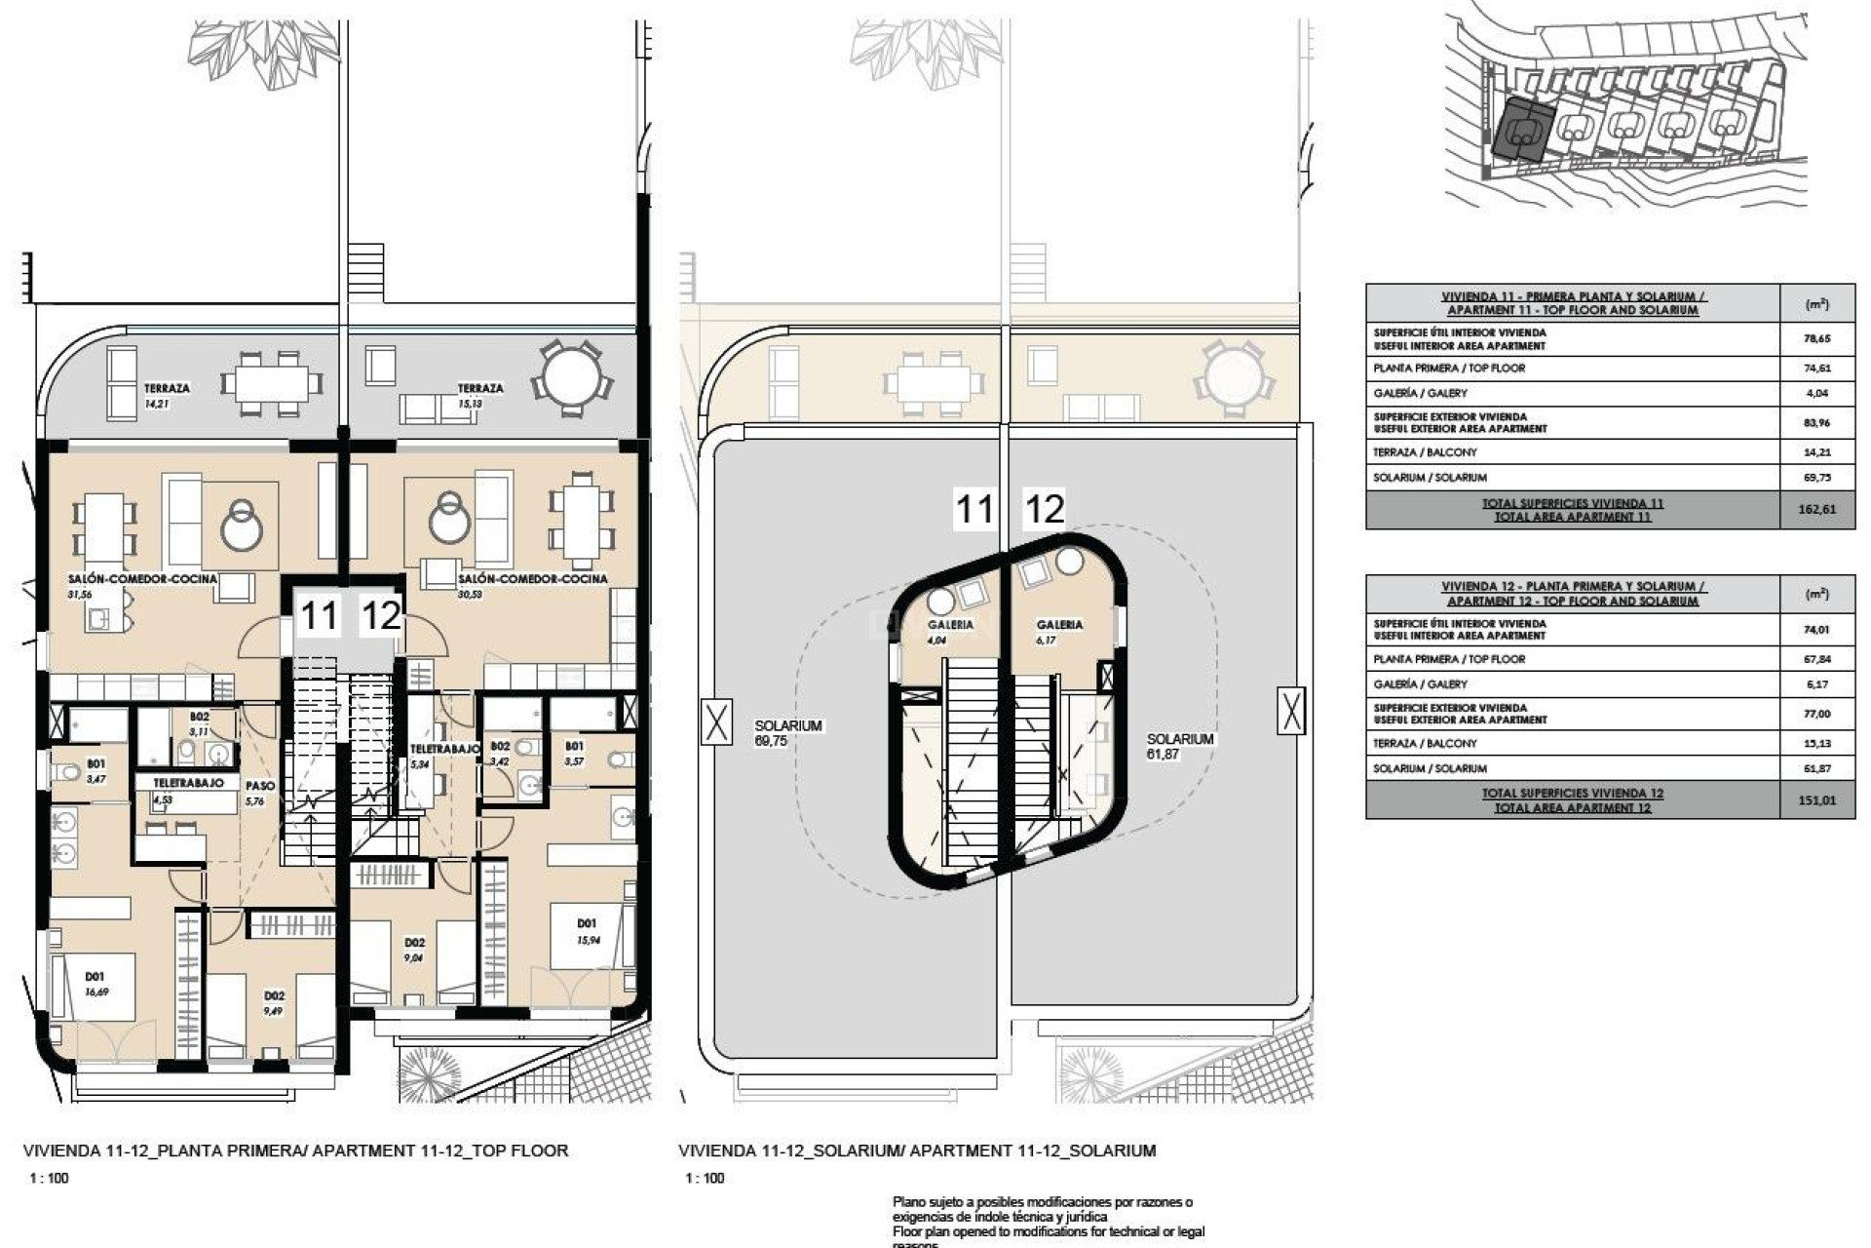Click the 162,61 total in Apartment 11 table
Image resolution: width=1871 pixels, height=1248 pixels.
(1816, 509)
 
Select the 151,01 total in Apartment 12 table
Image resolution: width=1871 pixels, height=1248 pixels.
(1816, 799)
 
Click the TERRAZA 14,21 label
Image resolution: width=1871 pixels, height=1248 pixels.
(167, 394)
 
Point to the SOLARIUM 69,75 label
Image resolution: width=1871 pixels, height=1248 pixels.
(788, 733)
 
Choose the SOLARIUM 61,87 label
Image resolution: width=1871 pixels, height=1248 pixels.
(1180, 746)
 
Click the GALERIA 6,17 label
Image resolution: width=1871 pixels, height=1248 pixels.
(1059, 632)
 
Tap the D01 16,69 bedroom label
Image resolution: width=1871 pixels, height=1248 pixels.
(95, 983)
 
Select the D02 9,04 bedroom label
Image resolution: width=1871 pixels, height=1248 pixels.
(414, 950)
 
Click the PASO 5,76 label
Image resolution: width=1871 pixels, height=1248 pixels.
(259, 793)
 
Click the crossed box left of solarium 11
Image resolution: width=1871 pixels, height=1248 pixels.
(716, 722)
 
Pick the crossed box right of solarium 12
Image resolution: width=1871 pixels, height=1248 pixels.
(1291, 710)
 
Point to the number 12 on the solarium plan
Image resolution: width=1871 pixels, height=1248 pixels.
(1045, 509)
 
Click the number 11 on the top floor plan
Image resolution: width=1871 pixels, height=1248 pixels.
(319, 616)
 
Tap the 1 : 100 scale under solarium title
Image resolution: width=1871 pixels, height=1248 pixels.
(705, 1178)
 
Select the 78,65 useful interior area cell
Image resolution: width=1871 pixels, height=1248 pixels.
(1816, 338)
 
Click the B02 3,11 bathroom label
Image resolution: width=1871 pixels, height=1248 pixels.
(199, 723)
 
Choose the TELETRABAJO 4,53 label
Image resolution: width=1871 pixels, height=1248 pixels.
(188, 790)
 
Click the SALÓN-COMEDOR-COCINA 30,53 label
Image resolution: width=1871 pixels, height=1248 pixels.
(532, 584)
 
